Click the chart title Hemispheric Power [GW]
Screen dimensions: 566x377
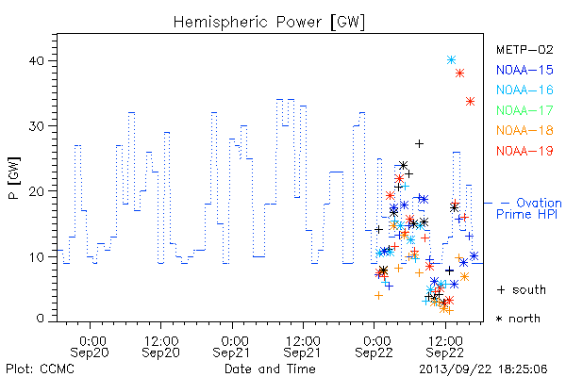pyautogui.click(x=269, y=22)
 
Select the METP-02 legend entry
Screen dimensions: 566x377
pyautogui.click(x=524, y=49)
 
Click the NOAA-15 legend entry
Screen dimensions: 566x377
pyautogui.click(x=524, y=70)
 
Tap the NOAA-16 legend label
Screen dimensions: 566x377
pyautogui.click(x=524, y=90)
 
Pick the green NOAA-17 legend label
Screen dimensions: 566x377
pyautogui.click(x=524, y=110)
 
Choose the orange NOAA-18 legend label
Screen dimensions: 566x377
pyautogui.click(x=524, y=130)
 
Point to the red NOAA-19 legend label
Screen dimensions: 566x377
pyautogui.click(x=524, y=151)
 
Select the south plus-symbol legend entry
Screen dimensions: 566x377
pyautogui.click(x=522, y=289)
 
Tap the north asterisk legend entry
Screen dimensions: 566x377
pyautogui.click(x=518, y=319)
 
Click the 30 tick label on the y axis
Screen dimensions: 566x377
pyautogui.click(x=36, y=126)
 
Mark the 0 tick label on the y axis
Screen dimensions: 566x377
pyautogui.click(x=40, y=319)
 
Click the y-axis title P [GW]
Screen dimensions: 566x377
pyautogui.click(x=15, y=178)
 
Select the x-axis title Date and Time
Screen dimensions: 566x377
pyautogui.click(x=270, y=369)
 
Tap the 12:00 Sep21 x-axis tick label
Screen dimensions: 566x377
pyautogui.click(x=303, y=346)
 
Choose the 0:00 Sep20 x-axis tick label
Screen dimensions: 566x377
pyautogui.click(x=90, y=346)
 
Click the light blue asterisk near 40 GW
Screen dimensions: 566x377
pyautogui.click(x=451, y=60)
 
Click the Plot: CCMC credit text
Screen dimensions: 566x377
pyautogui.click(x=40, y=369)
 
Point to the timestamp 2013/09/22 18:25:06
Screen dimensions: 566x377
pyautogui.click(x=483, y=369)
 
